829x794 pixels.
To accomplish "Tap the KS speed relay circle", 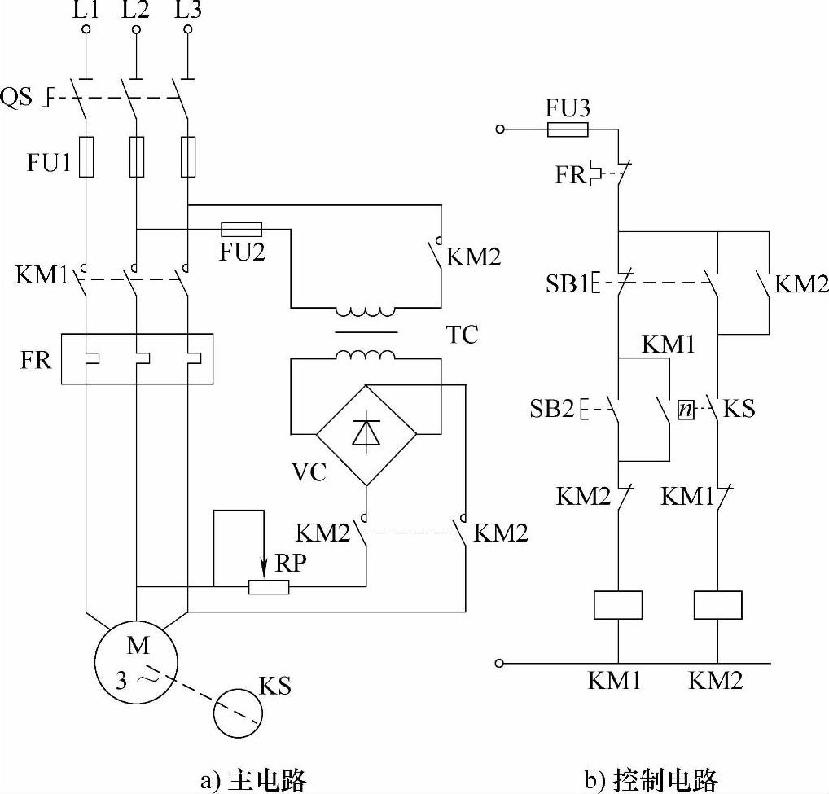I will tap(239, 714).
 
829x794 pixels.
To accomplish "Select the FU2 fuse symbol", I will tap(241, 229).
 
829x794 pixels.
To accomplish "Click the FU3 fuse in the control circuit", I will tap(568, 129).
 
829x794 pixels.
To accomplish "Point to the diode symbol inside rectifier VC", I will tap(366, 433).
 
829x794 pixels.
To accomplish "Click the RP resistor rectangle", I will tap(269, 586).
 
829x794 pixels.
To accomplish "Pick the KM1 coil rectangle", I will tap(618, 605).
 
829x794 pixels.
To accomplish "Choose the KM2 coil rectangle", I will tap(717, 605).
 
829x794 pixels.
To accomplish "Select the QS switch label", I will tap(18, 98).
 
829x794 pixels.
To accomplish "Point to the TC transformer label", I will tap(462, 335).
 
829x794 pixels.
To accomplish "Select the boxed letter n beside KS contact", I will tap(686, 410).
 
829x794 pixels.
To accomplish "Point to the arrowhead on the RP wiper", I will tap(264, 566).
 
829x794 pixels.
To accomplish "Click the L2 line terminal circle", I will tap(136, 30).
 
